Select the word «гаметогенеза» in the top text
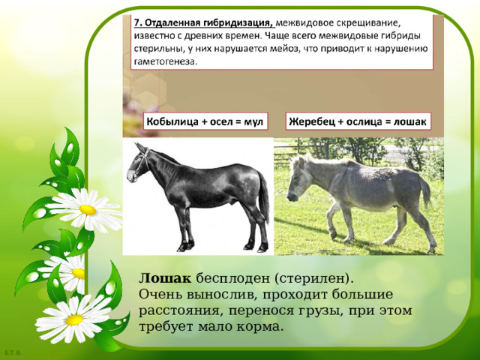pos(164,62)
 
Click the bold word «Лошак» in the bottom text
pos(159,277)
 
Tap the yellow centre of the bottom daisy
pos(74,319)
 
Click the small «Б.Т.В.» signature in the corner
pos(11,352)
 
